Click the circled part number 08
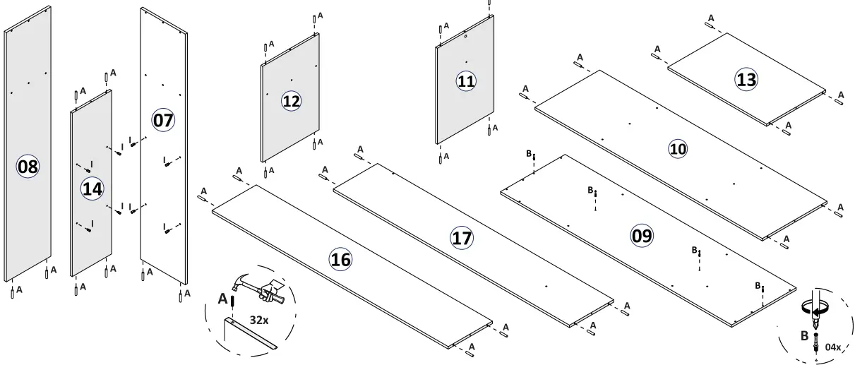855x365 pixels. (28, 167)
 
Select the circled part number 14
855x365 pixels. (92, 189)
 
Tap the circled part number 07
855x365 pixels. (163, 120)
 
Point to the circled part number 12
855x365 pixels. (291, 101)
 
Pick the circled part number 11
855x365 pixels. (465, 81)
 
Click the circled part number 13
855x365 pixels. (746, 80)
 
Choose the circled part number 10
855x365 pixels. (678, 149)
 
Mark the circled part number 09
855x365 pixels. (642, 235)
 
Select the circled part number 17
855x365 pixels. (462, 238)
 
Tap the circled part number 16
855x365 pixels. (340, 260)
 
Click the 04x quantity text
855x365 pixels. (833, 347)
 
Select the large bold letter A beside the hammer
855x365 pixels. (222, 299)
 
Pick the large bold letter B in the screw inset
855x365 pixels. (804, 336)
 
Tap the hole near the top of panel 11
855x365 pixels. (466, 36)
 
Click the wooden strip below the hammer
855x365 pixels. (251, 335)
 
